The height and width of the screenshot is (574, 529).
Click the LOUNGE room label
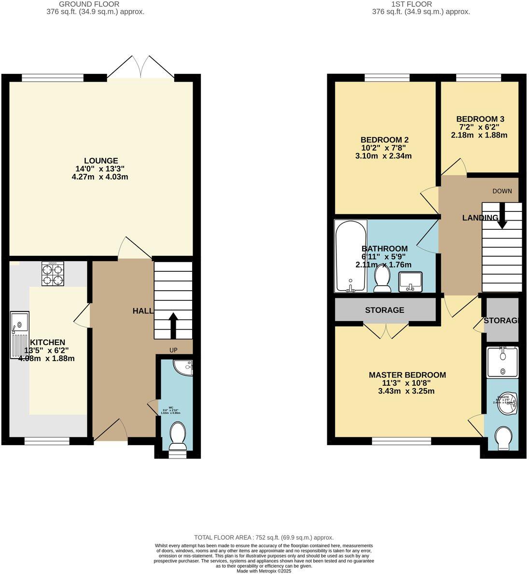pos(101,161)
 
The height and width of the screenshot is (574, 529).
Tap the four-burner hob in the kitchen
pos(53,274)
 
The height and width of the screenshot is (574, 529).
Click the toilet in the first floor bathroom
pos(382,280)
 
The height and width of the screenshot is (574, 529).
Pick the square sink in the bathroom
pos(410,281)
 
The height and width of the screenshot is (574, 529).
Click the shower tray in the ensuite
pos(502,362)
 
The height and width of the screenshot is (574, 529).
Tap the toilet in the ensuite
pos(504,437)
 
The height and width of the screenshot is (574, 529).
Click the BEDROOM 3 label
pos(480,119)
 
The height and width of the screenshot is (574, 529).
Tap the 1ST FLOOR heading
pos(421,4)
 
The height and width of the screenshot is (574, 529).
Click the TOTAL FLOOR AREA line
pos(264,537)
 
